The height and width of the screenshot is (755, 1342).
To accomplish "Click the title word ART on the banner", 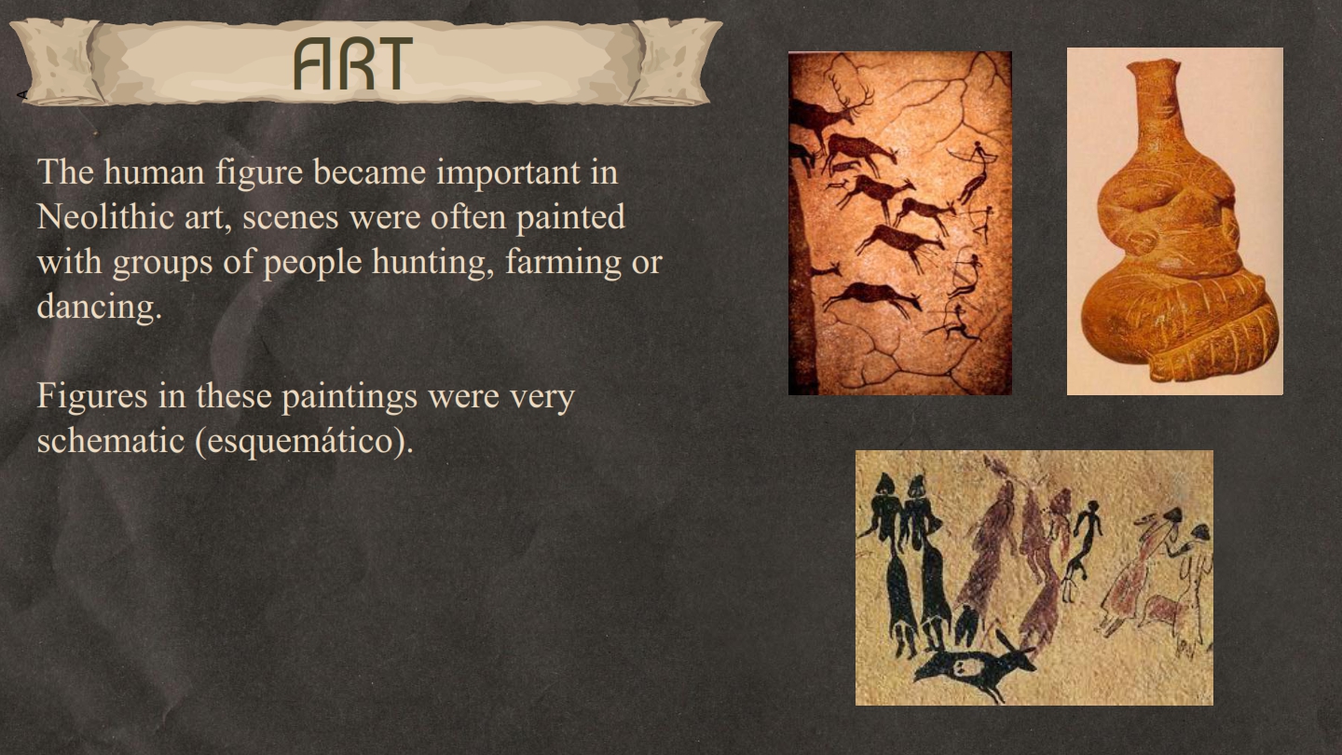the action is point(353,63).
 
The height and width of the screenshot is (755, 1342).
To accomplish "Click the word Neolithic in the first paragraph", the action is point(104,216).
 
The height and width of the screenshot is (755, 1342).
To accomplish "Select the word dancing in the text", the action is point(100,306).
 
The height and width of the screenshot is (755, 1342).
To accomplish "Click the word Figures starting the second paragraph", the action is point(92,396).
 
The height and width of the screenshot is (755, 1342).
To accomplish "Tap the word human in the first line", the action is point(154,172).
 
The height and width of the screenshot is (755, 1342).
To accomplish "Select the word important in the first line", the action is point(509,172).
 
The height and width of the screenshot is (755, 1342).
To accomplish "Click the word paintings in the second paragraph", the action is point(349,396).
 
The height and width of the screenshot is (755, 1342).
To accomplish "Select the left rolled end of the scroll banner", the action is point(57,62).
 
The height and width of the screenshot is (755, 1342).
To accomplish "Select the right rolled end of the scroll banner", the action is point(677,62).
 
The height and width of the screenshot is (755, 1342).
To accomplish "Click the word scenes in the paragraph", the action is point(291,217).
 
